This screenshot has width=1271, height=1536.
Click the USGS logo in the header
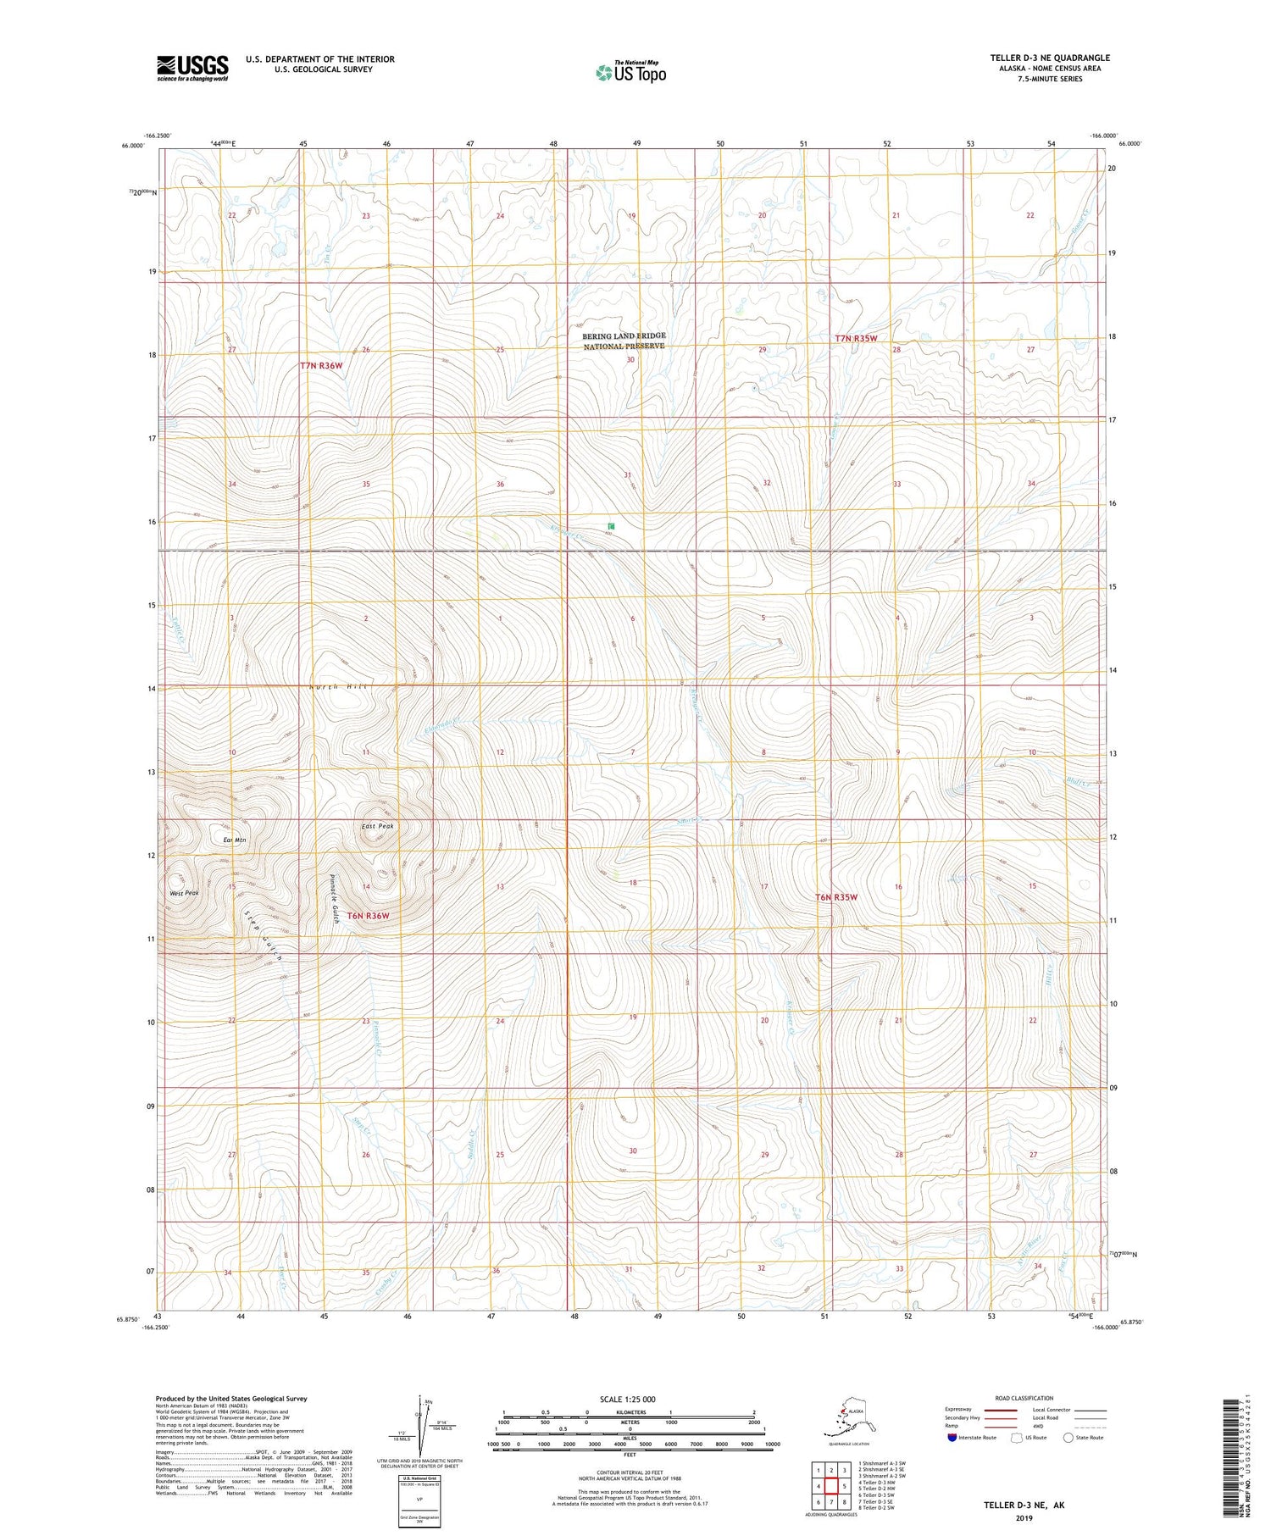192,68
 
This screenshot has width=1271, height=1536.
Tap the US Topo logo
630,72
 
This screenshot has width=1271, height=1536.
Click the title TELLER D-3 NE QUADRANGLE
1049,58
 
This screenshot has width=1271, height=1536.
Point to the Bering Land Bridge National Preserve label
624,341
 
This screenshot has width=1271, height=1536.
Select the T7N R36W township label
321,366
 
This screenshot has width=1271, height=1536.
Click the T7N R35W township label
856,339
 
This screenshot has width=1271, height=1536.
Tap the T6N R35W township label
836,896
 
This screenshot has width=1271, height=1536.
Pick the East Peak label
378,826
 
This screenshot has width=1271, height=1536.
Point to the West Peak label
184,893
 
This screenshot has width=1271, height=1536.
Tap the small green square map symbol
610,527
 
